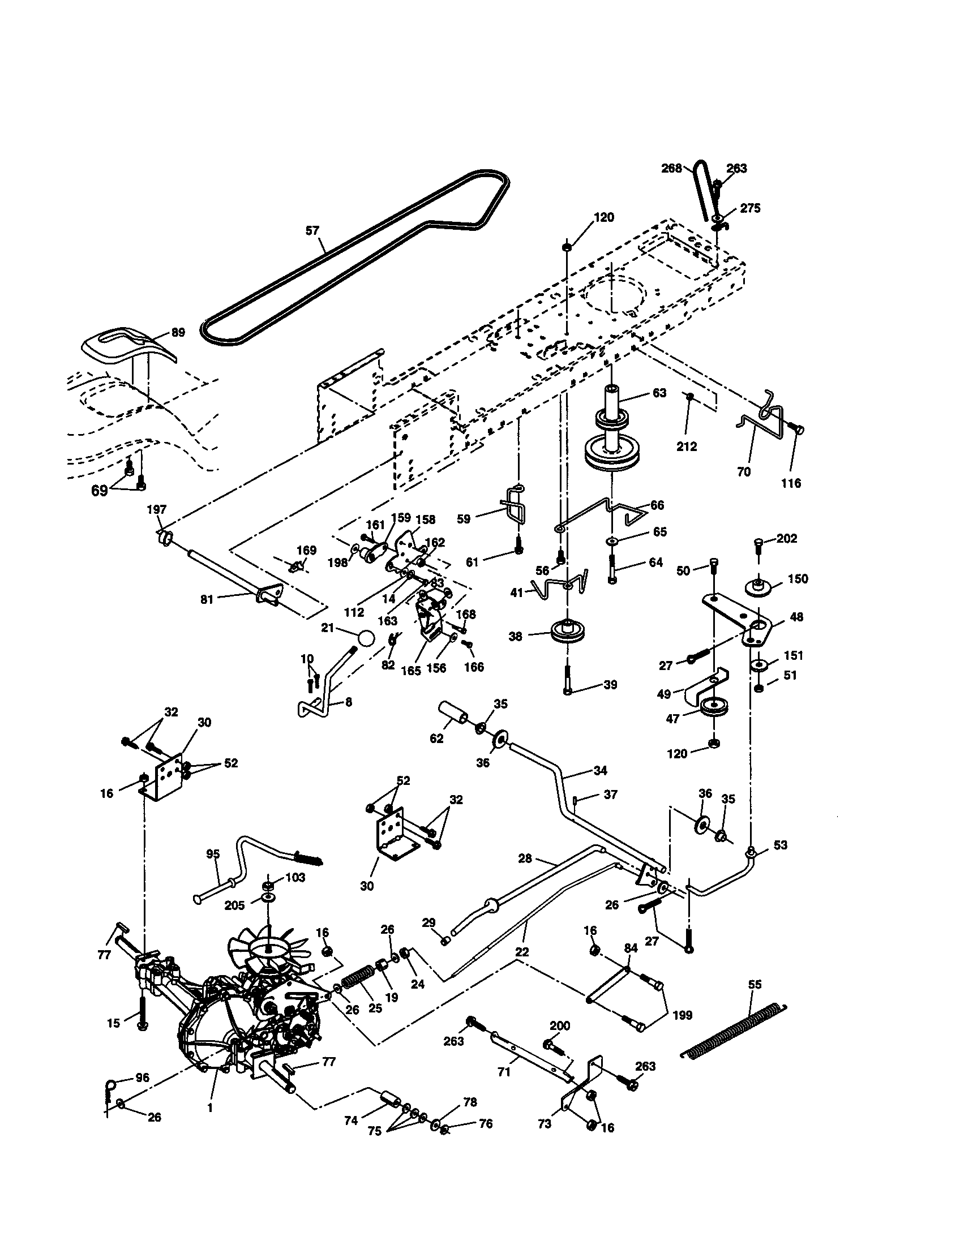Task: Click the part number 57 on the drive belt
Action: [312, 231]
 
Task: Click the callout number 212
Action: [687, 447]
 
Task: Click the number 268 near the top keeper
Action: [671, 169]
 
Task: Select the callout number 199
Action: [683, 1015]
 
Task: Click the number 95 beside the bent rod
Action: [213, 854]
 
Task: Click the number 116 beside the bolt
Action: [791, 483]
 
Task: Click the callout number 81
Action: [207, 599]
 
